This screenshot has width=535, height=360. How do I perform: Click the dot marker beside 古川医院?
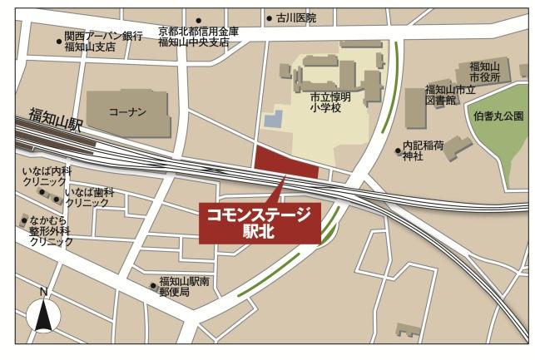pyautogui.click(x=269, y=17)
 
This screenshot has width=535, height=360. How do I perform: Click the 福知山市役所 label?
pyautogui.click(x=483, y=72)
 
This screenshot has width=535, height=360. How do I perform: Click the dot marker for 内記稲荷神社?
pyautogui.click(x=398, y=150)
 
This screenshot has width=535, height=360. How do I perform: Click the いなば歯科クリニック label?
pyautogui.click(x=89, y=197)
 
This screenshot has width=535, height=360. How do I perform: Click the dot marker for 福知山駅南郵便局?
pyautogui.click(x=153, y=287)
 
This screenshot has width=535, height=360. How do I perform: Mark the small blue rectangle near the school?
pyautogui.click(x=274, y=121)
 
